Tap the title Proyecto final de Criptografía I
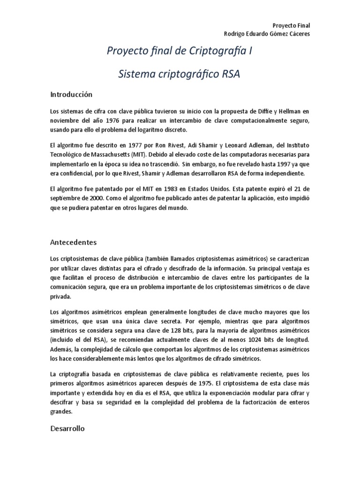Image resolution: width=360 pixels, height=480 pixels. [180, 52]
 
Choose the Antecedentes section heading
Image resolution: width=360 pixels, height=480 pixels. [73, 242]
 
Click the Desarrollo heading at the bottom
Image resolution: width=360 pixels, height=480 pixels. [67, 428]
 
